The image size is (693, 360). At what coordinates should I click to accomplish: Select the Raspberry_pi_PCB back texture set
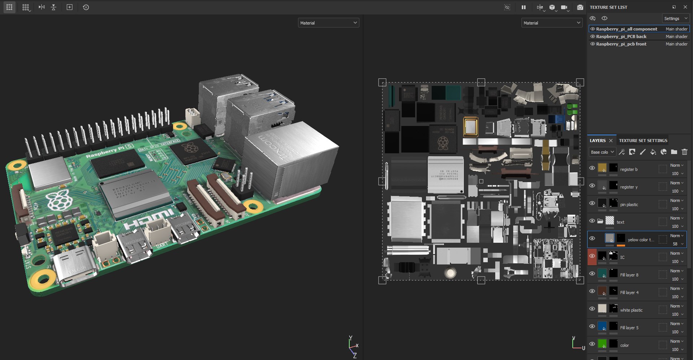pyautogui.click(x=621, y=36)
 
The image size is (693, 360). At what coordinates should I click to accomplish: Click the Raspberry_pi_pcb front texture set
pyautogui.click(x=621, y=44)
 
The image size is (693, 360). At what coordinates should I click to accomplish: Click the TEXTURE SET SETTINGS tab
pyautogui.click(x=643, y=140)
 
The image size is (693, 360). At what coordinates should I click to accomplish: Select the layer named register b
pyautogui.click(x=628, y=169)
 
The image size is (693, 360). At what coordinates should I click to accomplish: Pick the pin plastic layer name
pyautogui.click(x=629, y=204)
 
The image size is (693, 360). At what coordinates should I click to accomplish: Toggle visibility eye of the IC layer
pyautogui.click(x=592, y=256)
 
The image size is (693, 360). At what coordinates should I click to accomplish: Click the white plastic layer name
pyautogui.click(x=631, y=310)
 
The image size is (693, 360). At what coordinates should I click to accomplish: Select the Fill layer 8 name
pyautogui.click(x=629, y=275)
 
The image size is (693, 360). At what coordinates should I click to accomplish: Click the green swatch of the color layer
pyautogui.click(x=602, y=344)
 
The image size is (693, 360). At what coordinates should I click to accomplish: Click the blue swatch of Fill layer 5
pyautogui.click(x=602, y=326)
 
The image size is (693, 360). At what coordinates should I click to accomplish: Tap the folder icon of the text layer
pyautogui.click(x=600, y=221)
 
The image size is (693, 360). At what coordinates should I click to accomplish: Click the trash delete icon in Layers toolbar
pyautogui.click(x=684, y=152)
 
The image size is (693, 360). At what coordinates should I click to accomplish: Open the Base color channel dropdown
pyautogui.click(x=602, y=152)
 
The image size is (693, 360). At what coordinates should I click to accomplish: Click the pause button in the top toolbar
pyautogui.click(x=523, y=7)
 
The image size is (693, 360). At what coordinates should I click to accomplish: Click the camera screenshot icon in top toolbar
pyautogui.click(x=580, y=7)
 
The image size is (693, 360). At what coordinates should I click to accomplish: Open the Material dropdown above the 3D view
pyautogui.click(x=328, y=23)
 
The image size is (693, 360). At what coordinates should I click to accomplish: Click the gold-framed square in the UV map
pyautogui.click(x=471, y=127)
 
